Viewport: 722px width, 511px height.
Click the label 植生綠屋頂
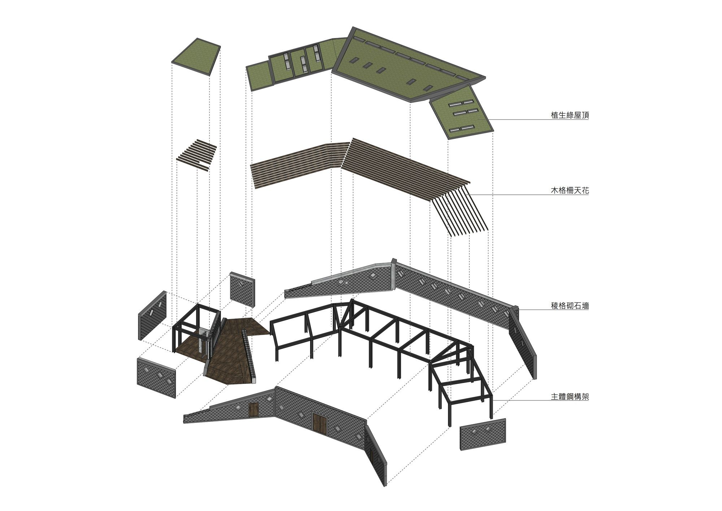coord(570,115)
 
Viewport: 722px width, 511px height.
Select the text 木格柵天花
coord(570,190)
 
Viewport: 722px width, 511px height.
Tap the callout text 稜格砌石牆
coord(570,306)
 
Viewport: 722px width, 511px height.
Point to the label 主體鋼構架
coord(570,396)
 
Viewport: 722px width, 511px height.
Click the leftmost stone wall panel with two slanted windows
coord(152,315)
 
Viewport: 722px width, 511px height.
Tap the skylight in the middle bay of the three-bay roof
coord(303,64)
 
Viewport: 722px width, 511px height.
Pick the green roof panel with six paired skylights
coord(461,112)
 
